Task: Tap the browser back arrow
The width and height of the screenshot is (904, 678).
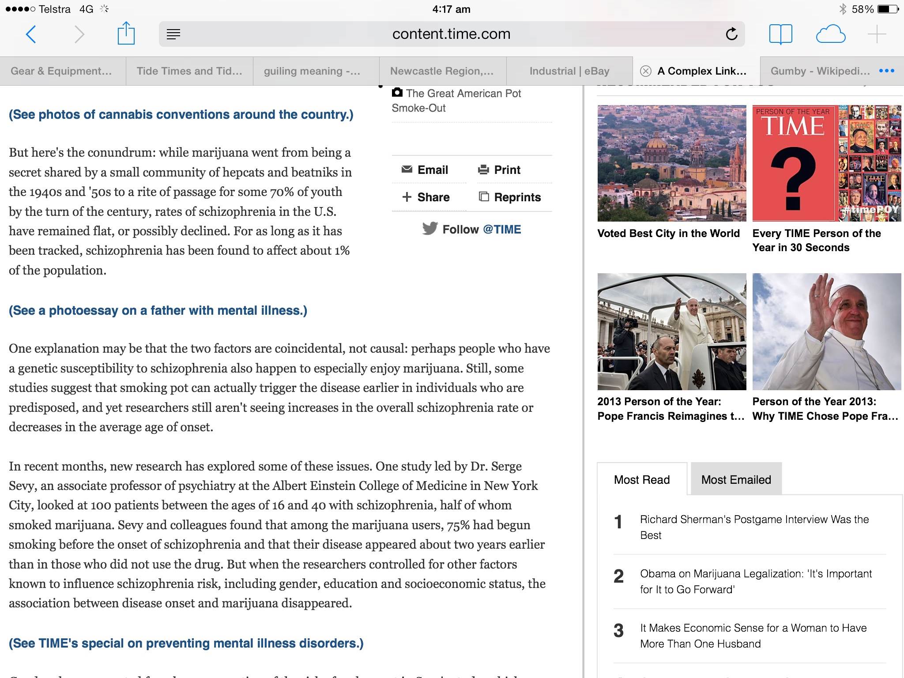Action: coord(31,34)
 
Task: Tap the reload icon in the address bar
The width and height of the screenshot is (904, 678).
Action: coord(731,34)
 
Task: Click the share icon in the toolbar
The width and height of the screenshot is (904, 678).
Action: coord(126,34)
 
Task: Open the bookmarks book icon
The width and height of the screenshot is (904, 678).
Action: coord(780,34)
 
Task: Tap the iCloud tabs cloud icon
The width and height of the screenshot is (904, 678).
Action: coord(830,34)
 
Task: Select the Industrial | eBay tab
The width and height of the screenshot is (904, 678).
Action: coord(569,71)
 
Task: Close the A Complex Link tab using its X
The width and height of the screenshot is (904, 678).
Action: coord(646,71)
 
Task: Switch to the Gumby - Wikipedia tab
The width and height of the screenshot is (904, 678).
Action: coord(820,71)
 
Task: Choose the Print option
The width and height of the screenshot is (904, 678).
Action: coord(499,170)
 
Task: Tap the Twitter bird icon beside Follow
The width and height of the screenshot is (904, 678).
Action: coord(429,229)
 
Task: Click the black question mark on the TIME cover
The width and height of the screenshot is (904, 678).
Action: coord(793,178)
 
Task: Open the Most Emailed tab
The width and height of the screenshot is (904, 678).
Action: coord(736,480)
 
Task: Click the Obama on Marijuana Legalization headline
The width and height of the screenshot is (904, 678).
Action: coord(756,581)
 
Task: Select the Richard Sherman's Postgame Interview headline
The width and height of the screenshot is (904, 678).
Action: coord(754,527)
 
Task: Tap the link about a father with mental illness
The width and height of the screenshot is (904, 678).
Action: coord(158,311)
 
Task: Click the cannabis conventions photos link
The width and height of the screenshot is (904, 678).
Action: coord(181,115)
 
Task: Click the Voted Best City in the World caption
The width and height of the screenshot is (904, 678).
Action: coord(668,234)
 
